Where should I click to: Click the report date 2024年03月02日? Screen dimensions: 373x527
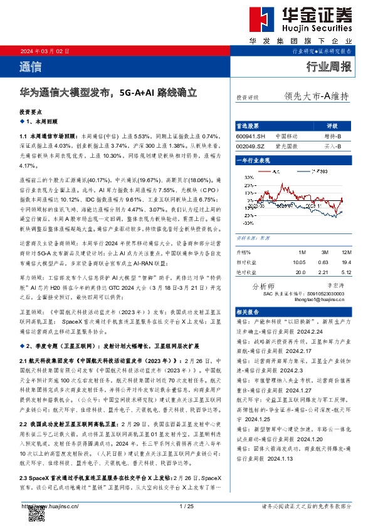coord(41,51)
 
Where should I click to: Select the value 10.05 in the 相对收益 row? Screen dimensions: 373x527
coord(300,262)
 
